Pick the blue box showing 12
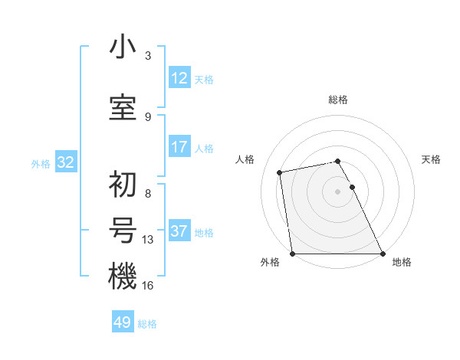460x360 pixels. point(179,77)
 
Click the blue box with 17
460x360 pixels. point(179,146)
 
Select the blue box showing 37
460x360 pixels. point(179,231)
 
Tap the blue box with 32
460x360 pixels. point(65,162)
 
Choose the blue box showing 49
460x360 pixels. point(123,322)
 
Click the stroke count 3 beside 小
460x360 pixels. point(148,56)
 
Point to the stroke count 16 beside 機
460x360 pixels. point(148,285)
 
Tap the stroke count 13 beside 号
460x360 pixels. point(148,240)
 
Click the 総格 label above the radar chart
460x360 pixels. point(338,100)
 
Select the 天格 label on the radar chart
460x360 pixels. point(432,159)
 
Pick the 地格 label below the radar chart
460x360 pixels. point(402,263)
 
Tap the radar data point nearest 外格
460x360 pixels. point(292,254)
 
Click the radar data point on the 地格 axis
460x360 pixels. point(383,254)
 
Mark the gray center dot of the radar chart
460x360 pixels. point(337,191)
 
